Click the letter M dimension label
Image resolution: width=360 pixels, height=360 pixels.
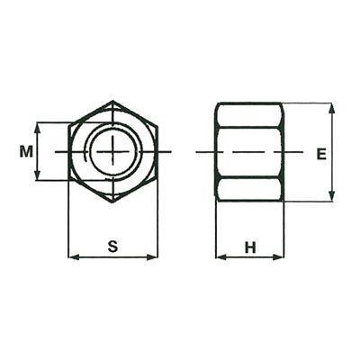[x=26, y=152]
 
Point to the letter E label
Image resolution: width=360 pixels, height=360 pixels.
[x=320, y=153]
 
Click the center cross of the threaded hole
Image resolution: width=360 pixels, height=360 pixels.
[x=112, y=151]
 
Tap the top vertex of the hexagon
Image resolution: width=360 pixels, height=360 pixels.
[x=112, y=101]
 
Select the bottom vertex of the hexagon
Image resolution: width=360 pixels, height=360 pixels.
[x=112, y=202]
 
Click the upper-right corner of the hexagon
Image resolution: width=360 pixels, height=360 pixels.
[x=157, y=126]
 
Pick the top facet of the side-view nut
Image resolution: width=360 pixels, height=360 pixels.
[x=249, y=114]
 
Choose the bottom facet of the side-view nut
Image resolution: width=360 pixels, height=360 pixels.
[x=249, y=189]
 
